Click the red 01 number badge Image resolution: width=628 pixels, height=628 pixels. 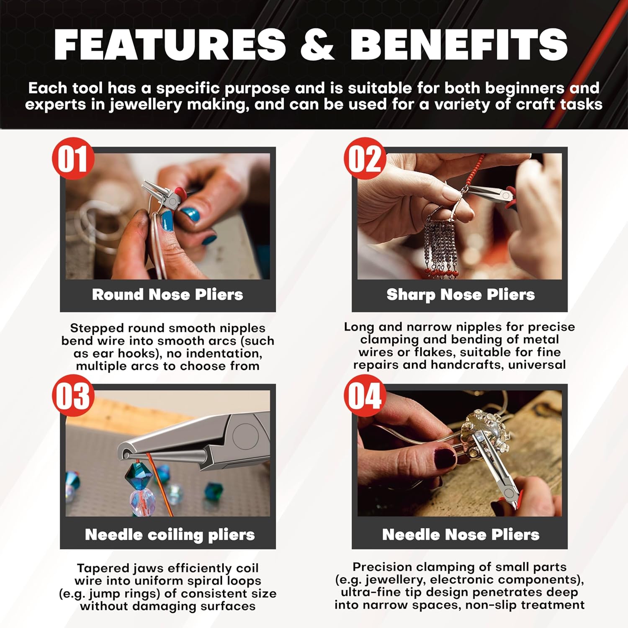(x=73, y=159)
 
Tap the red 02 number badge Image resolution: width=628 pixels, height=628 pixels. (x=365, y=159)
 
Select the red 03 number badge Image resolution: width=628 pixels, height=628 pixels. (x=73, y=396)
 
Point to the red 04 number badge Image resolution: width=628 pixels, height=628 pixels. (x=365, y=396)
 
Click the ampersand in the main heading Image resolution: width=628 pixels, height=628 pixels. (x=317, y=44)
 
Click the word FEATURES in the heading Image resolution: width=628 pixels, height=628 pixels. (x=170, y=44)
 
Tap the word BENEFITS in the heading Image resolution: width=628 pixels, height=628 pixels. (x=459, y=44)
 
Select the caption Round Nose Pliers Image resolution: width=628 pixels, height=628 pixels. (x=167, y=294)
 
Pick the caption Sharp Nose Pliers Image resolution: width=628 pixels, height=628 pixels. (x=461, y=295)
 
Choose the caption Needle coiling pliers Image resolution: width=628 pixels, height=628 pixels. (x=170, y=535)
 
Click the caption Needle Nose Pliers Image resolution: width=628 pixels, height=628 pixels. (x=461, y=535)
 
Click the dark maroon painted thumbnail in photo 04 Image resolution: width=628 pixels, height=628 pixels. (x=445, y=458)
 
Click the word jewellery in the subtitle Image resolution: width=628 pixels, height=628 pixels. (x=146, y=104)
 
